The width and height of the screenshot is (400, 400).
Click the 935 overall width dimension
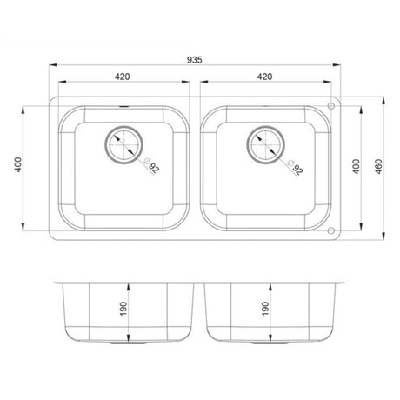(x=195, y=57)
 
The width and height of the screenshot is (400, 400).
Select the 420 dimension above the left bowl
(x=123, y=77)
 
